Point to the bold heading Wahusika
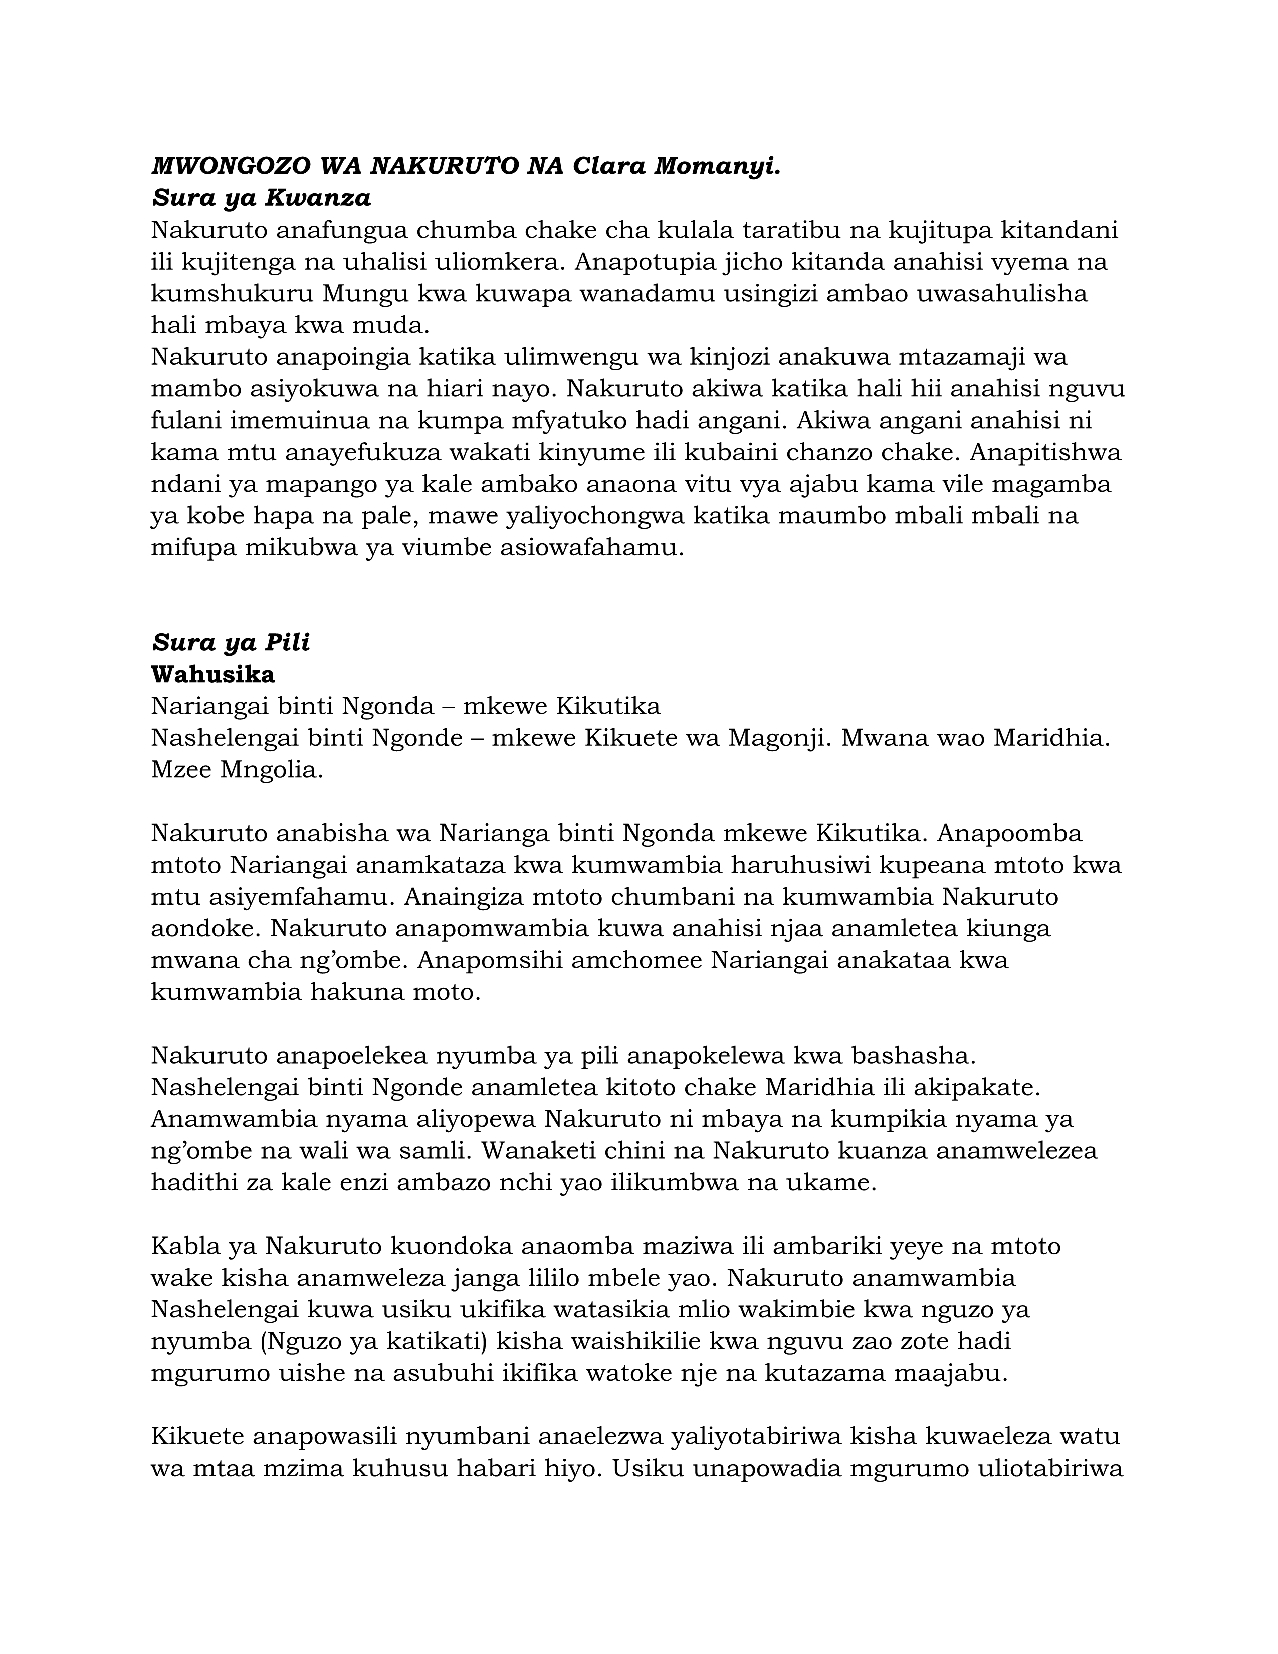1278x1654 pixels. tap(212, 674)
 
